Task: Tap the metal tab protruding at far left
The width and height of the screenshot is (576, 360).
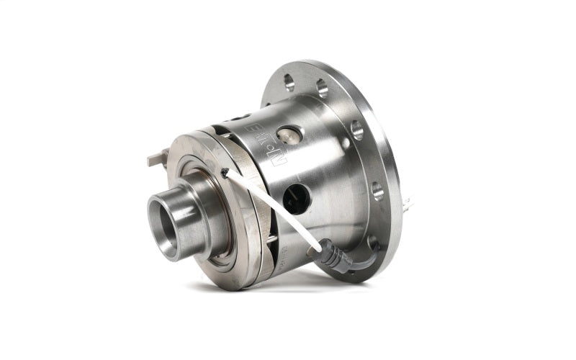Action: click(x=158, y=159)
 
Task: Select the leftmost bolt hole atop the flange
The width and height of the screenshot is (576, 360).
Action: click(x=289, y=81)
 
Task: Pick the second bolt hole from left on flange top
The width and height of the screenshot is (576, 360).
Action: click(x=321, y=89)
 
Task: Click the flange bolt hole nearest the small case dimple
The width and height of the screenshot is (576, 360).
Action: click(x=356, y=130)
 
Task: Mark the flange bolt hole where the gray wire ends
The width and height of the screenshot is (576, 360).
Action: click(x=373, y=243)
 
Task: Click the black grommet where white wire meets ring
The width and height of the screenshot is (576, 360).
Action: click(x=225, y=172)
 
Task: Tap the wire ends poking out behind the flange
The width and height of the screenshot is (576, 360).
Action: click(x=408, y=204)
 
